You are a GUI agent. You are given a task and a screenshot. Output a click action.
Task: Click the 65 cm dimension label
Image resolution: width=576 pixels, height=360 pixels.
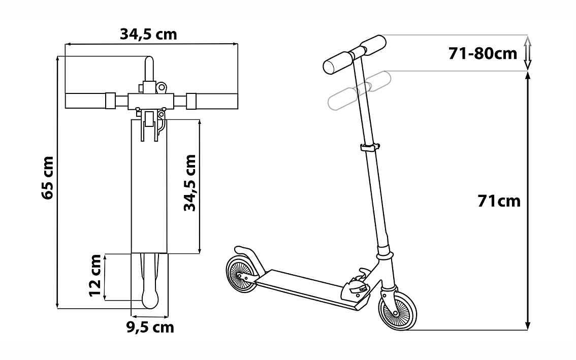click(48, 178)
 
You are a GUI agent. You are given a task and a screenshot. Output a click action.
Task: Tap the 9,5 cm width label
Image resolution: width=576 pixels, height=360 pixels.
click(150, 327)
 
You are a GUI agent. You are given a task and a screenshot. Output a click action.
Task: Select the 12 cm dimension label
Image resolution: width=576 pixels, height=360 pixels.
click(95, 276)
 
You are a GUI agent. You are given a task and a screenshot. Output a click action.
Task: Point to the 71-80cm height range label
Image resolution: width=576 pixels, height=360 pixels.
click(483, 54)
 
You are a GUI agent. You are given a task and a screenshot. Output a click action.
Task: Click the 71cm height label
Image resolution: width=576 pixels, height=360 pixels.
click(499, 201)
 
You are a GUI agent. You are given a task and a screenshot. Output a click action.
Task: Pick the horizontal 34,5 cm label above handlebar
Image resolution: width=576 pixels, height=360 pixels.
click(148, 34)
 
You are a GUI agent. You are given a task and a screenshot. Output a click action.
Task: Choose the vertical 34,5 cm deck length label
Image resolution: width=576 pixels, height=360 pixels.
click(190, 183)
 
